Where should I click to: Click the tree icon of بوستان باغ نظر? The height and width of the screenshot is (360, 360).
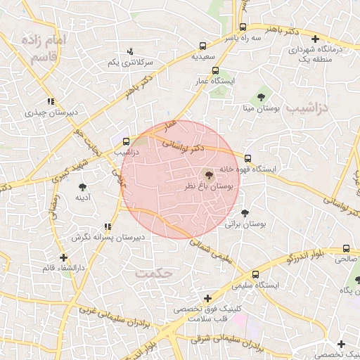click(x=208, y=174)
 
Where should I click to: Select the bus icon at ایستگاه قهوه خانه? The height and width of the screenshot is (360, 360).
click(x=247, y=158)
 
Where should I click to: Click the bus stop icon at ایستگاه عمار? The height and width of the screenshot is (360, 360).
click(x=215, y=70)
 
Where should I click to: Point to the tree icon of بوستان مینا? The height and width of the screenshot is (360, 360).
click(x=262, y=96)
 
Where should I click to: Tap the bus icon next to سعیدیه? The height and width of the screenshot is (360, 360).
click(x=203, y=45)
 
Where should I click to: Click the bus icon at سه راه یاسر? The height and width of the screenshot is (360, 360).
click(x=242, y=28)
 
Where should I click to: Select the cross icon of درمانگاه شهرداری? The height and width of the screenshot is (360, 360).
click(x=315, y=39)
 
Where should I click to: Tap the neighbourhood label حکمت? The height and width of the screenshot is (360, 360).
click(x=155, y=273)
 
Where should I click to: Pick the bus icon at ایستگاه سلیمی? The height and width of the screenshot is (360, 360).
click(x=255, y=274)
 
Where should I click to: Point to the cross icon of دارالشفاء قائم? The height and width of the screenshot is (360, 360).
click(x=64, y=257)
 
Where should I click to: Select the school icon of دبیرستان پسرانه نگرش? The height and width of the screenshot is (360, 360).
click(x=107, y=227)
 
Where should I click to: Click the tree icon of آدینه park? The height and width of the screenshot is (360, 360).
click(x=83, y=187)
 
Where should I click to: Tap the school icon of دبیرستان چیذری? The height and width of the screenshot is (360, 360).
click(x=50, y=101)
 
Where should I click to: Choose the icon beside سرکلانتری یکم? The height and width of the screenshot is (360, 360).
click(x=130, y=51)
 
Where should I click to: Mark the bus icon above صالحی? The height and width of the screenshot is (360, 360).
click(x=346, y=248)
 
